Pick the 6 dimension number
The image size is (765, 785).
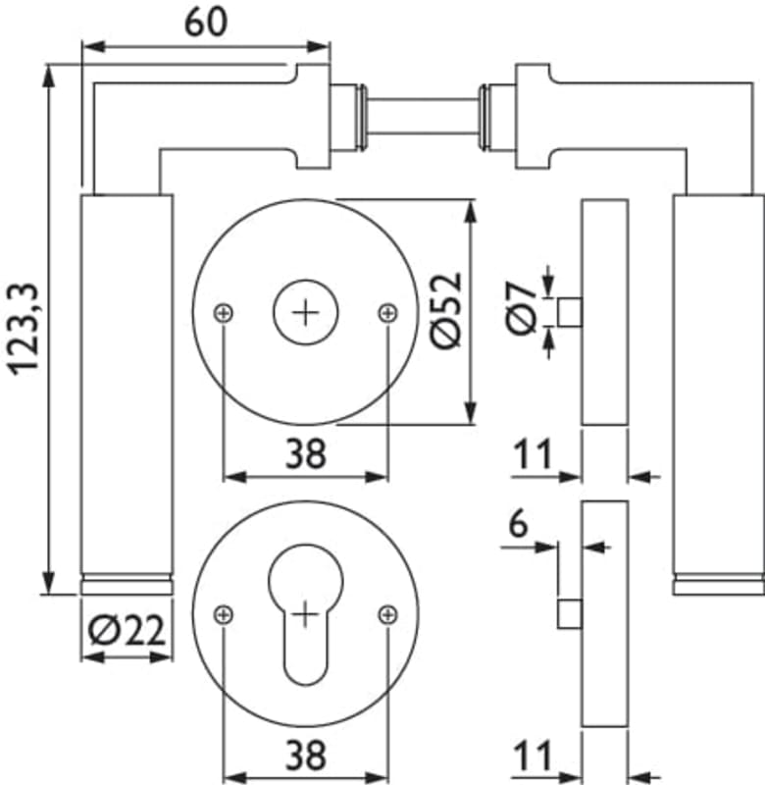517,523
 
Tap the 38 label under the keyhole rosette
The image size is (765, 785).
306,756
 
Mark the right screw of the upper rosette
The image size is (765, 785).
387,313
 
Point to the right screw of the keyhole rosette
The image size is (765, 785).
387,614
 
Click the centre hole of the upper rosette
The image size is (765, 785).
306,313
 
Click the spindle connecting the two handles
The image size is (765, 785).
422,116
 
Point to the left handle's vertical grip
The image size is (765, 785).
126,383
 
